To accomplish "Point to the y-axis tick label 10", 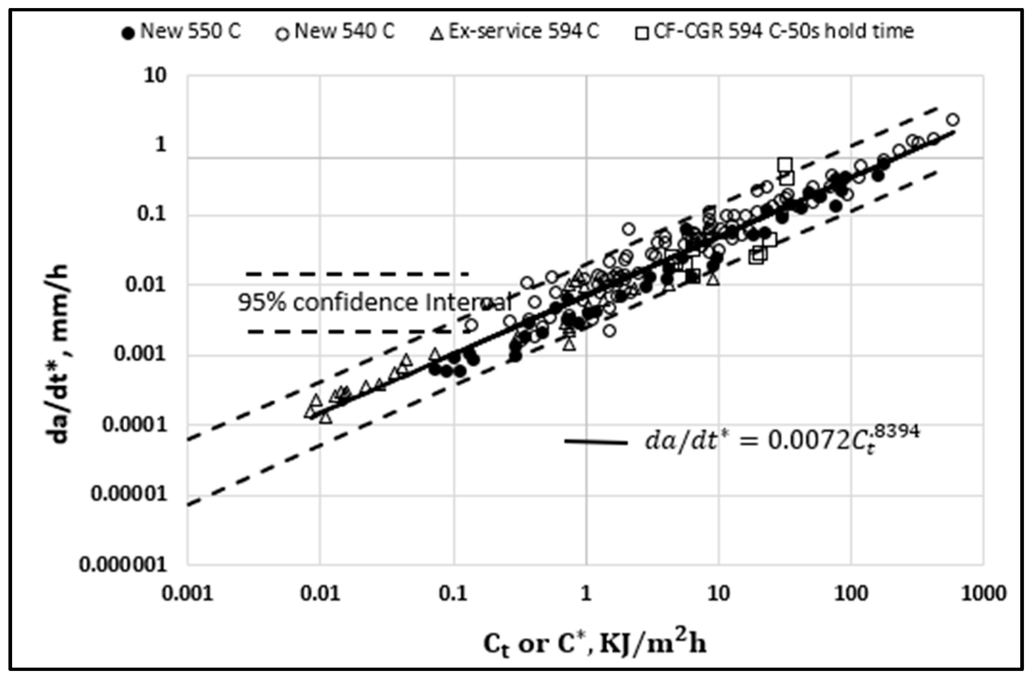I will [x=155, y=76].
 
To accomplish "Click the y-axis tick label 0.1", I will [x=151, y=214].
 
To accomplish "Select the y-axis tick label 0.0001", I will [x=135, y=424].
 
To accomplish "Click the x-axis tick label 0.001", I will [x=187, y=594].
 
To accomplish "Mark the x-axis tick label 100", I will [x=851, y=594].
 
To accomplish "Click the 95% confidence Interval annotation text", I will [x=375, y=302].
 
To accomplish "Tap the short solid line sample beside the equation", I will [x=596, y=442].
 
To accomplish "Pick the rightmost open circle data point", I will [x=952, y=120].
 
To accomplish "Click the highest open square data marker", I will [x=785, y=165].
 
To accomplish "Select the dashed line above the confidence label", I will [x=357, y=274].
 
